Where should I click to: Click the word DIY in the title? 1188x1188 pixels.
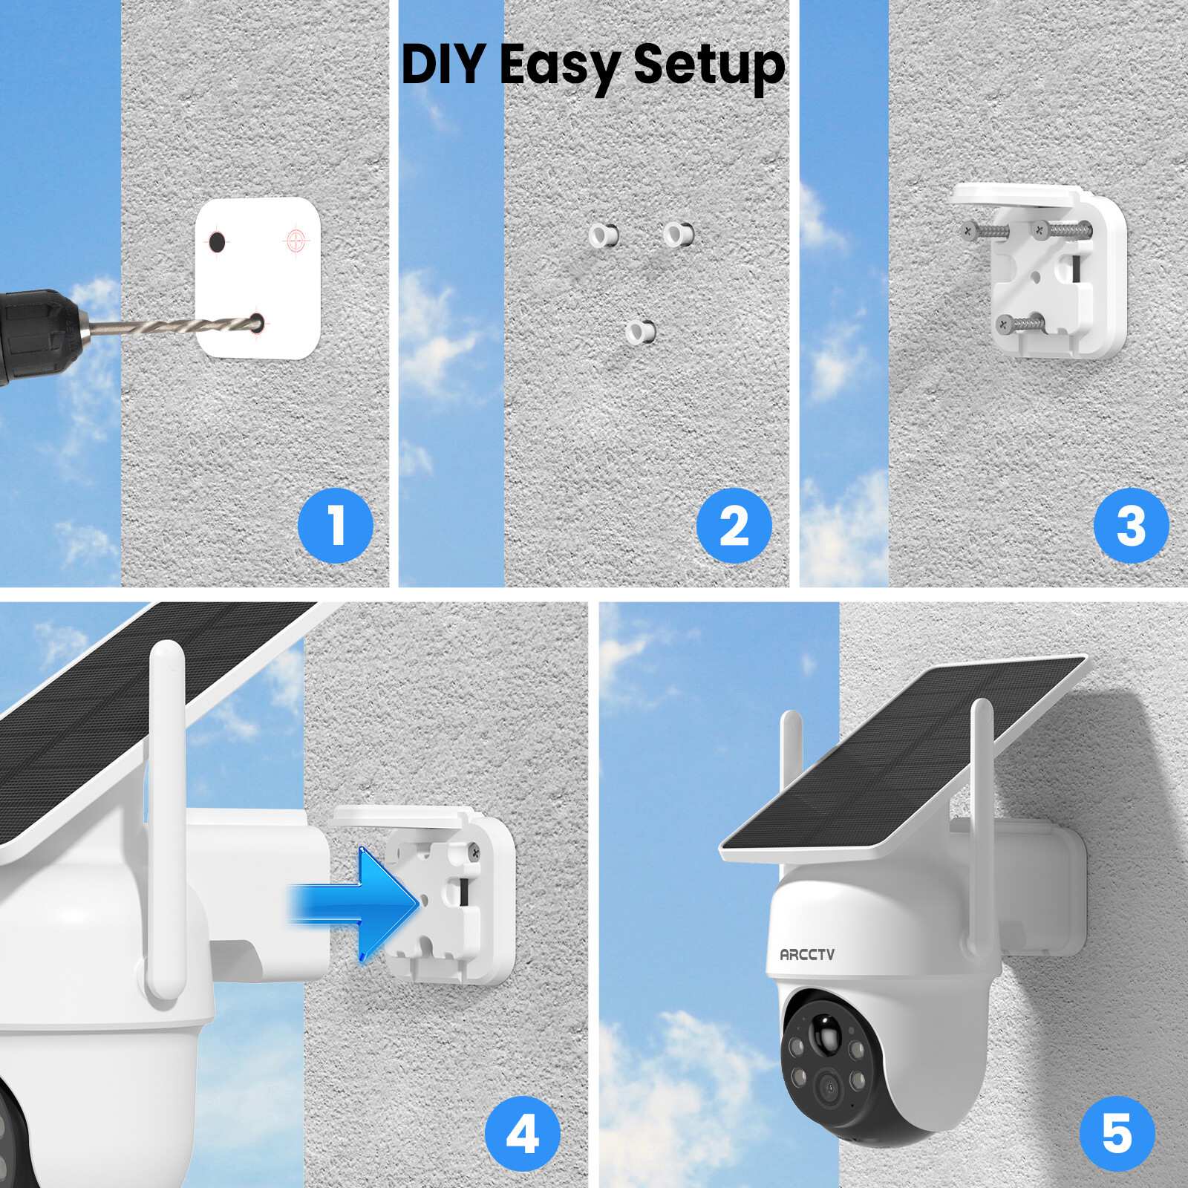click(443, 65)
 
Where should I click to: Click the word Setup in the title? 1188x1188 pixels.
click(709, 65)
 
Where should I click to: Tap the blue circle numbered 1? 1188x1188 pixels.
click(336, 525)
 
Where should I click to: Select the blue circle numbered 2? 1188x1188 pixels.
click(734, 525)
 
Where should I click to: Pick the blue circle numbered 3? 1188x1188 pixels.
click(1131, 525)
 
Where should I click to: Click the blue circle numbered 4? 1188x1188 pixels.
click(522, 1134)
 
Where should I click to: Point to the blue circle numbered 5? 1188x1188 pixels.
click(1117, 1134)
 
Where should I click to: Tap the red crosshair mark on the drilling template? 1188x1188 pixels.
click(296, 241)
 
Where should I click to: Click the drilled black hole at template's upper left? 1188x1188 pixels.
click(217, 242)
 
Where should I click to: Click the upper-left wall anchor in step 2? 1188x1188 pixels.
click(603, 235)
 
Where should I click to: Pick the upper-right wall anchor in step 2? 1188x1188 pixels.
click(678, 234)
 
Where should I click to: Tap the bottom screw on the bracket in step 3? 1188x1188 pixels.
click(1005, 323)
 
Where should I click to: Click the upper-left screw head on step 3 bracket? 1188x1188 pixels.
click(967, 230)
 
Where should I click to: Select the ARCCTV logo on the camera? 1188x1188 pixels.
click(807, 954)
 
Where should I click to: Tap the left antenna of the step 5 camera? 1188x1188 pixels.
click(792, 757)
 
